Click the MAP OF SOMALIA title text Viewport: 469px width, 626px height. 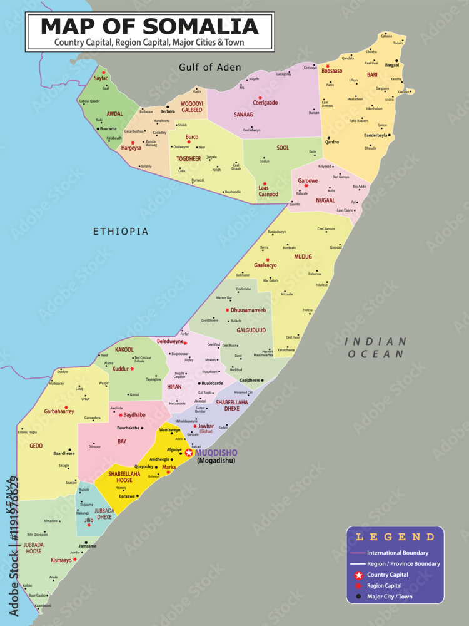(149, 26)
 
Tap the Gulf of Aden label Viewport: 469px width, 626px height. (209, 68)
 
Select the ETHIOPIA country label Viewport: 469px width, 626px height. (121, 232)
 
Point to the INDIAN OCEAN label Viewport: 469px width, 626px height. (375, 347)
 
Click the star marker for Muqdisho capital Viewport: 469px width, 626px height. (189, 453)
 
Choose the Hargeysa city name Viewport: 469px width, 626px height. (131, 148)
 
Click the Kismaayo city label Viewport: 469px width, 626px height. (61, 560)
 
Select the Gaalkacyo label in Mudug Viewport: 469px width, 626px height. (265, 265)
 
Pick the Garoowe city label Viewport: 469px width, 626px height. (308, 180)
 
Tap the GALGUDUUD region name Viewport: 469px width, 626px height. (251, 330)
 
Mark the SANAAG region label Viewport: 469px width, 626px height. (244, 115)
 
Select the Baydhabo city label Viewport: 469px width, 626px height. (134, 414)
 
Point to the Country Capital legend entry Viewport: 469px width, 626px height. (388, 575)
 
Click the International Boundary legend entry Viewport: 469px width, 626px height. (398, 553)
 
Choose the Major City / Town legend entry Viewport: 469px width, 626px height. (390, 597)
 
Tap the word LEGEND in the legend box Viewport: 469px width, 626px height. (395, 536)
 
